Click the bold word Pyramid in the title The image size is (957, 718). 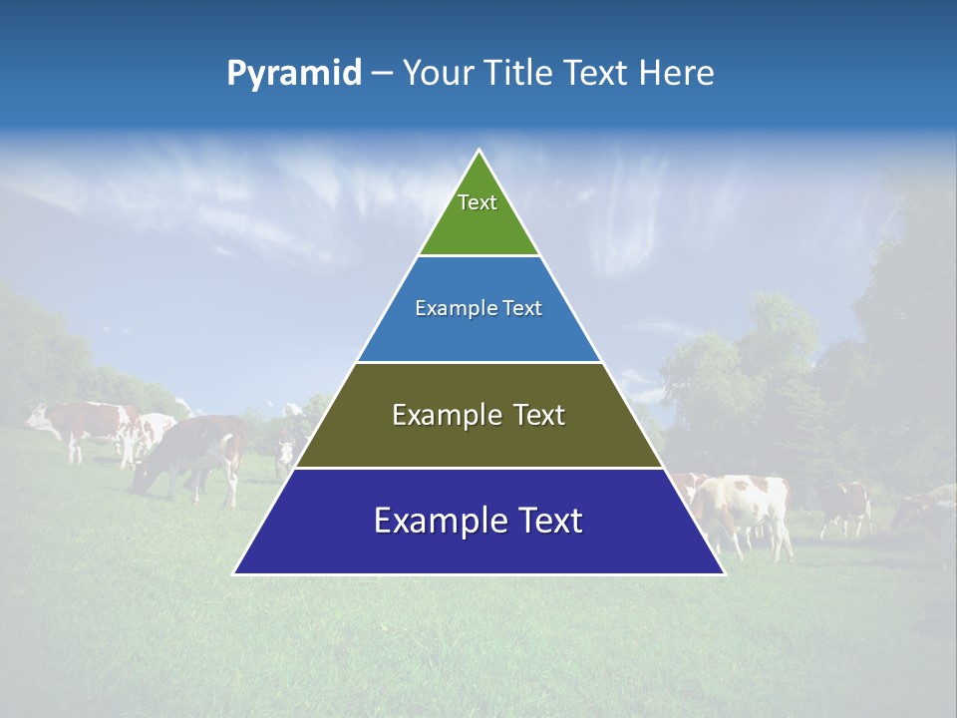[294, 74]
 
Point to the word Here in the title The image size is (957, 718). [677, 74]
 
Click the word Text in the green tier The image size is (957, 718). [478, 202]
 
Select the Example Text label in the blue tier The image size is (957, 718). [478, 308]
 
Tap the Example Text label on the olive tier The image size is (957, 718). [478, 415]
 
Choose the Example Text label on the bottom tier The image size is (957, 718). [478, 521]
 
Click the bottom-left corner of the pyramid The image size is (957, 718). [234, 573]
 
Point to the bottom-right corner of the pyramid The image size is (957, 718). [724, 573]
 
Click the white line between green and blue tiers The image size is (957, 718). [478, 255]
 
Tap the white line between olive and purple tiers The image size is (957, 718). [478, 468]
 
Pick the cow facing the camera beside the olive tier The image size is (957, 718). [286, 449]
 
